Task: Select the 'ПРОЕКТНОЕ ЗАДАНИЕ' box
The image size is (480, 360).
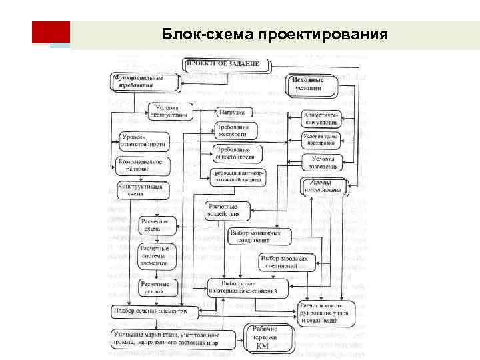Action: click(227, 65)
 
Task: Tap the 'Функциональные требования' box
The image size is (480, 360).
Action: click(146, 81)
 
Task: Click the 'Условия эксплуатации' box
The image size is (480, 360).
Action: click(171, 111)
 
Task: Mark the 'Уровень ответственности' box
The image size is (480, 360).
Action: click(143, 141)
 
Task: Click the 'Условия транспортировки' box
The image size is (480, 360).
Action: click(322, 140)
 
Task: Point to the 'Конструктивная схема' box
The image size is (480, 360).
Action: click(144, 190)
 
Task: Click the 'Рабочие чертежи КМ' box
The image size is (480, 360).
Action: click(271, 337)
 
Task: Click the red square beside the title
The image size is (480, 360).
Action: click(51, 33)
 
